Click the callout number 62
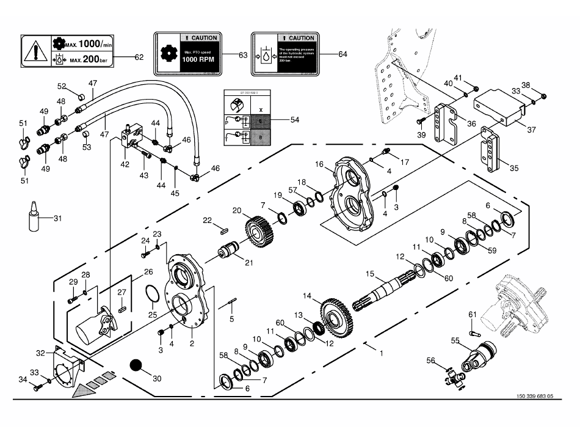(139, 57)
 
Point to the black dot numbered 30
(136, 366)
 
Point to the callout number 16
(319, 164)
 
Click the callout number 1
(381, 353)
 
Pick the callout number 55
(454, 340)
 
